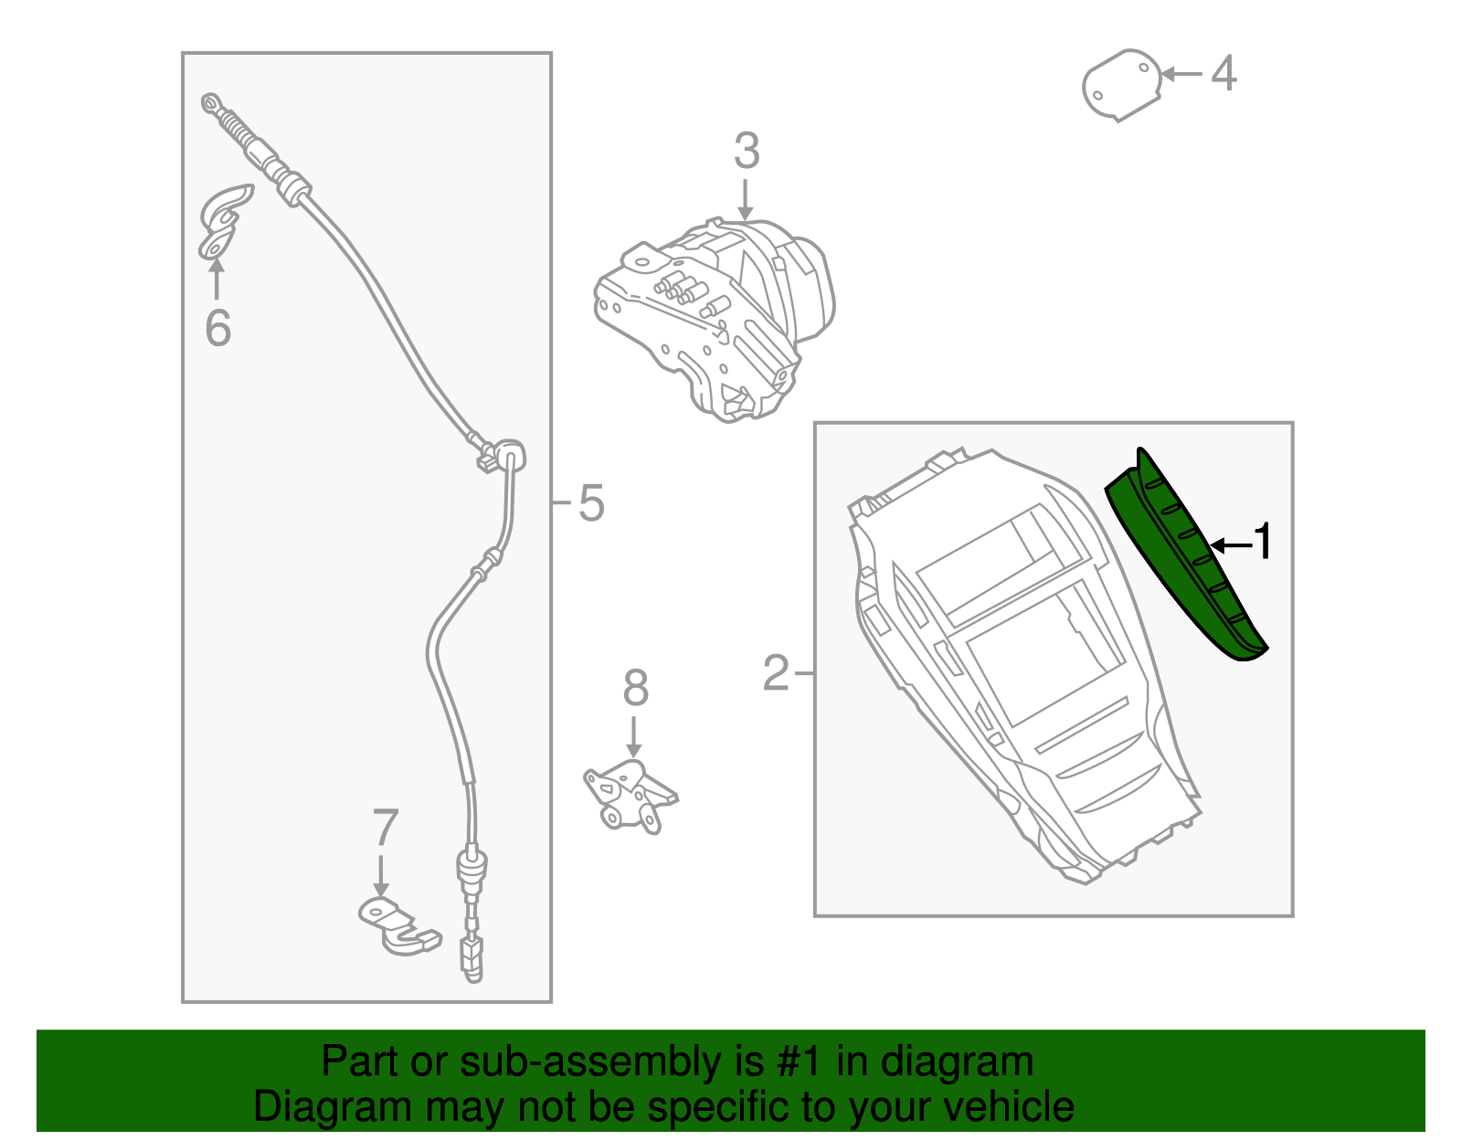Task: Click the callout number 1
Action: pos(1262,543)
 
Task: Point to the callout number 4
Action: pos(1224,73)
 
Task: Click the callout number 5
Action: pos(591,503)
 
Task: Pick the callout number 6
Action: pos(217,328)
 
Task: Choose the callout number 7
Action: pos(385,829)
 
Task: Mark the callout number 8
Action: pos(635,688)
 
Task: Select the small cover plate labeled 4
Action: pos(1121,85)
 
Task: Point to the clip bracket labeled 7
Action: pos(393,927)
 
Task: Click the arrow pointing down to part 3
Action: pos(746,199)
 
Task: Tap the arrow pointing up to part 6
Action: pos(217,279)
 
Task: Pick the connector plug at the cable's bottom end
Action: pos(472,956)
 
